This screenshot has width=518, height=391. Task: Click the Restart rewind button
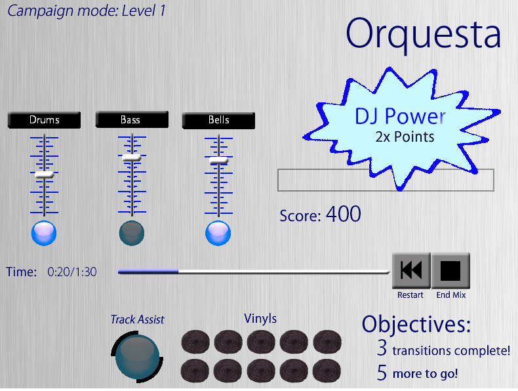coord(411,270)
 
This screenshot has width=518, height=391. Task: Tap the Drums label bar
coord(45,120)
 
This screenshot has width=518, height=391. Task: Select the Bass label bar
coord(132,119)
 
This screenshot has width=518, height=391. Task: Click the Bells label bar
coord(218,120)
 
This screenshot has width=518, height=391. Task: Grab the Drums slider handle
coord(45,175)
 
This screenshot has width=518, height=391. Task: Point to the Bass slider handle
coord(132,157)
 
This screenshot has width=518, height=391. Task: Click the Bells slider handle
coord(218,161)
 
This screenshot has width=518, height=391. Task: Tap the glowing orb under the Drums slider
coord(44,233)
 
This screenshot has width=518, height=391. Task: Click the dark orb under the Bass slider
coord(132,233)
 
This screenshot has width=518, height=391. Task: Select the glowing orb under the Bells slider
coord(218,233)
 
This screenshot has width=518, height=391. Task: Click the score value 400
coord(343,214)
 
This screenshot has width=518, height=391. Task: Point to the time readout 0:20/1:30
coord(72,272)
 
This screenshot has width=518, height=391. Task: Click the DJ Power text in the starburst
coord(400,116)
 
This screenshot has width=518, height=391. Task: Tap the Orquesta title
coord(423,34)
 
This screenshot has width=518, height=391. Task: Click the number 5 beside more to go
coord(382,373)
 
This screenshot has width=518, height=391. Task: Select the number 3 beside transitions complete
coord(382,348)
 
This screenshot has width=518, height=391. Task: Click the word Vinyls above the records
coord(260,319)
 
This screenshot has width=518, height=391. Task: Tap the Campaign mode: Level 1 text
coord(87,11)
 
